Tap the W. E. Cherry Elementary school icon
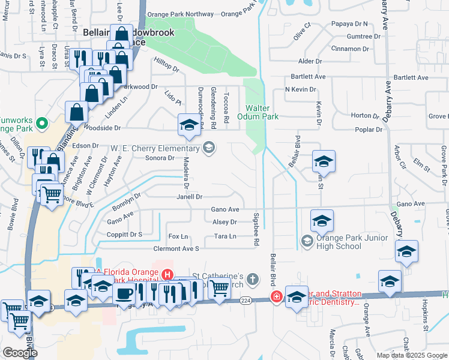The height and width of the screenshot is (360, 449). coord(209,148)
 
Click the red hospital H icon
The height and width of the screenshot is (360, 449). coord(167,275)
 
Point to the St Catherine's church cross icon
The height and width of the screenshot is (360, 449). coord(253,279)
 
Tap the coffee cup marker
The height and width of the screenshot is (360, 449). coord(125,293)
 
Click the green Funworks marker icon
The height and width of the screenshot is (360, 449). coord(41,124)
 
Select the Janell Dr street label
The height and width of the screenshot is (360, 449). coord(190,196)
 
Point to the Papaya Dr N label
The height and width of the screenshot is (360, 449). coord(353,24)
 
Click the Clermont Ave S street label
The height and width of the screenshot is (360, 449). coord(176,248)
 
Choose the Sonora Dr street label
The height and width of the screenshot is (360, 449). coord(160,158)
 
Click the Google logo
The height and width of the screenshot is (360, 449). coord(20,353)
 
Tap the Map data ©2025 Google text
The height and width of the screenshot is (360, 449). coord(412,355)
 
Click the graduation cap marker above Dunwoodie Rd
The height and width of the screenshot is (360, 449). coord(188,125)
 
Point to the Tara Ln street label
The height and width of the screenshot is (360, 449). coord(225,236)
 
